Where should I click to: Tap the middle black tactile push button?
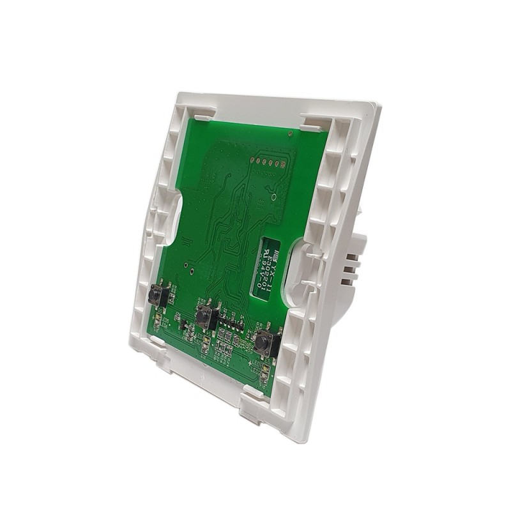click(x=204, y=316)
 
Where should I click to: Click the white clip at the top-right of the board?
click(x=316, y=121)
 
